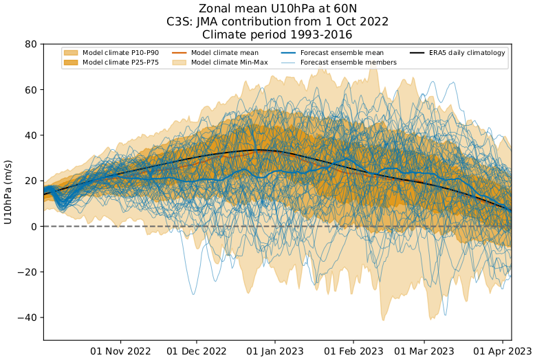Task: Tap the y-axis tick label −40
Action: click(x=28, y=317)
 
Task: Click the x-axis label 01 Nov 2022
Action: click(x=121, y=350)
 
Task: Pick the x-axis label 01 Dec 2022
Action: click(x=197, y=350)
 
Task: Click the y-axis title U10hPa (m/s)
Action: click(x=9, y=192)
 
